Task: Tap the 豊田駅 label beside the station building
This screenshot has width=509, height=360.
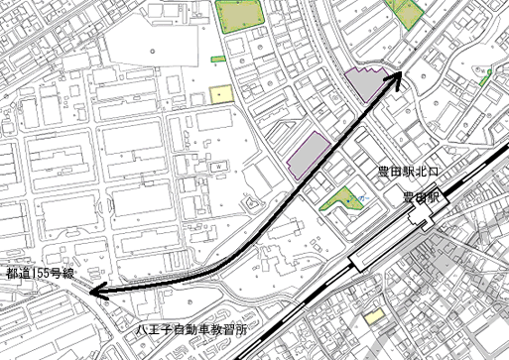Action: click(x=420, y=198)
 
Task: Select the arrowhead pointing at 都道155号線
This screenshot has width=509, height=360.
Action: click(x=94, y=291)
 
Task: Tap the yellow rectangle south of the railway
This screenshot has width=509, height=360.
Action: click(x=373, y=317)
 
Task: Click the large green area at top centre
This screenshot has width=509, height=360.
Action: click(x=238, y=15)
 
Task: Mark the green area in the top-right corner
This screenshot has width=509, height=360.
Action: click(x=407, y=10)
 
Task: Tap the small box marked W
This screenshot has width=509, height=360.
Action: click(x=215, y=169)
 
